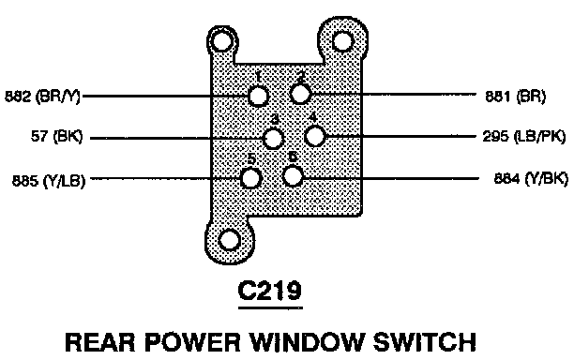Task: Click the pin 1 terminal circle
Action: tap(259, 97)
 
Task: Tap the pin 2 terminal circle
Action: tap(300, 94)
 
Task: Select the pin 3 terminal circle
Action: tap(273, 139)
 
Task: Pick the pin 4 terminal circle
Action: tap(315, 136)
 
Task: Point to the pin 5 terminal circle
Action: tap(250, 178)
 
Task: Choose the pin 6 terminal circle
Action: tap(293, 176)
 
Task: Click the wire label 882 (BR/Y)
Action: tap(42, 97)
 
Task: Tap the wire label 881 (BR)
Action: tap(516, 97)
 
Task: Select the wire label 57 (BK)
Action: tap(56, 137)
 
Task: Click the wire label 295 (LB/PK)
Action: tap(524, 137)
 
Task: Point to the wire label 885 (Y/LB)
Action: tap(49, 181)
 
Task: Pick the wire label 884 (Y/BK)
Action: tap(531, 179)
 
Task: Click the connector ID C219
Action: tap(270, 291)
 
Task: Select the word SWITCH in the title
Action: tap(425, 342)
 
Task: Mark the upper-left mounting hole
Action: tap(222, 41)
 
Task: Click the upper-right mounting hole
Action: tap(342, 40)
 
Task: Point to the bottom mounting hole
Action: tap(229, 240)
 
